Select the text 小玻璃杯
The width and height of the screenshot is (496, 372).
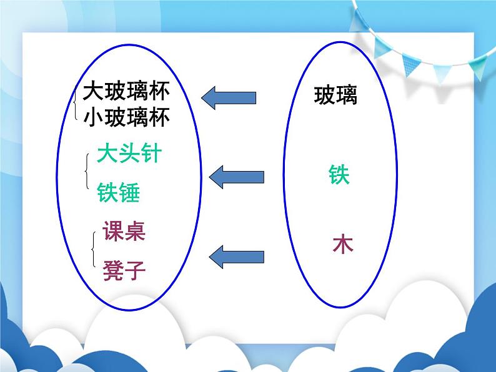[126, 117]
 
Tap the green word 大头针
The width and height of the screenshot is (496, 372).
[129, 154]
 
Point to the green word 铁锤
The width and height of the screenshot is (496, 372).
[118, 193]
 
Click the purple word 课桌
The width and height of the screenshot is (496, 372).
[124, 232]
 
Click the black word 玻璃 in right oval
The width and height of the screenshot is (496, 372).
[335, 95]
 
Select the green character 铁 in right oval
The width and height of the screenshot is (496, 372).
[339, 175]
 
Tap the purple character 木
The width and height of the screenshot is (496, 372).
[342, 243]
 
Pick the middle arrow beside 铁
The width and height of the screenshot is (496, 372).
[236, 177]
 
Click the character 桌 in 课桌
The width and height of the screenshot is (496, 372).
[135, 232]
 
